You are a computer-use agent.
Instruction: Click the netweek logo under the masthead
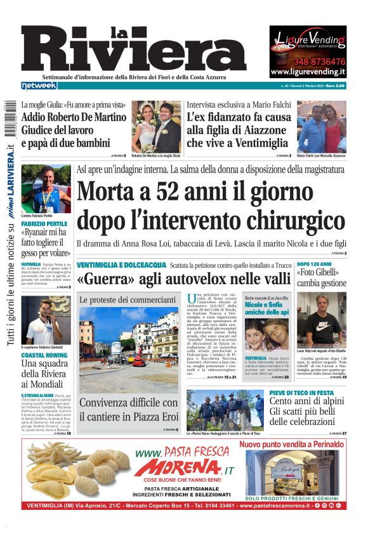(x=39, y=85)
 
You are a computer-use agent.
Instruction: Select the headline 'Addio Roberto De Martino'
(x=74, y=117)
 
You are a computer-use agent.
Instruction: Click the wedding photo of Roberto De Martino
(x=156, y=127)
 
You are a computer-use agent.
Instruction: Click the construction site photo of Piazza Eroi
(x=129, y=348)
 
